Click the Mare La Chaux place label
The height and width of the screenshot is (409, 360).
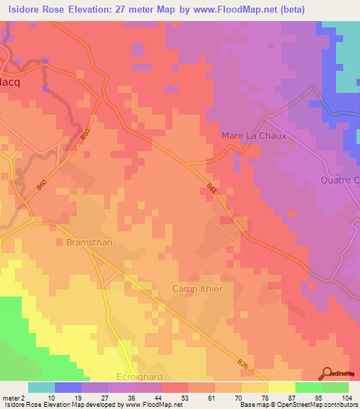tap(254, 136)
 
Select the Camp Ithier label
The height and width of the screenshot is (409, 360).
tap(198, 289)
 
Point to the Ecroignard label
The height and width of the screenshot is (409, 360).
tap(139, 377)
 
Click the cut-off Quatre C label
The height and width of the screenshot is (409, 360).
tap(340, 180)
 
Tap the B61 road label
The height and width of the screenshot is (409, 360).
tap(212, 187)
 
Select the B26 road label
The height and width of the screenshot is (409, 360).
tap(243, 364)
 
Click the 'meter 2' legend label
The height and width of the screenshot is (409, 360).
tap(13, 397)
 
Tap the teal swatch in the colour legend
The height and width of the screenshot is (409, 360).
tap(41, 387)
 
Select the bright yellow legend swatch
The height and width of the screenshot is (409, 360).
tap(281, 387)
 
